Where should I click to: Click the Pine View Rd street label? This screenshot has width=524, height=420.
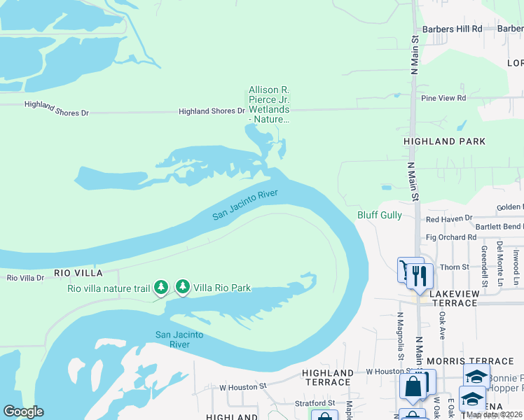point(443,98)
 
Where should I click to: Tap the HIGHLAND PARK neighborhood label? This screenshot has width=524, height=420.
point(444,141)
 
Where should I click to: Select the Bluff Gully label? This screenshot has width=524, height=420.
point(380,215)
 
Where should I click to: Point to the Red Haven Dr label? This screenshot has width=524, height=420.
point(449,219)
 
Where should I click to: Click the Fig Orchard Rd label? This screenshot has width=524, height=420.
point(451,237)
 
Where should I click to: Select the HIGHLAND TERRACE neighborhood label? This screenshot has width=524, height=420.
point(327,377)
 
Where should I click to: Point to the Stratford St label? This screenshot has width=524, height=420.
point(315,403)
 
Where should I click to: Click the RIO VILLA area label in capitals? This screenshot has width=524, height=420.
point(78,272)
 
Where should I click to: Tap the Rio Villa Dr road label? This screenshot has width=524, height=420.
point(25,278)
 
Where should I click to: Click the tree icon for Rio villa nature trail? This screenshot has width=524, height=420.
point(161,287)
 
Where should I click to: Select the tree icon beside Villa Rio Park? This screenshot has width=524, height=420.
point(183,286)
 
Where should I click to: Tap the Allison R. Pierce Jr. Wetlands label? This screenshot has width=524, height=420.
point(269,104)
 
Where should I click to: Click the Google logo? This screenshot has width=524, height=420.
point(23,412)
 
